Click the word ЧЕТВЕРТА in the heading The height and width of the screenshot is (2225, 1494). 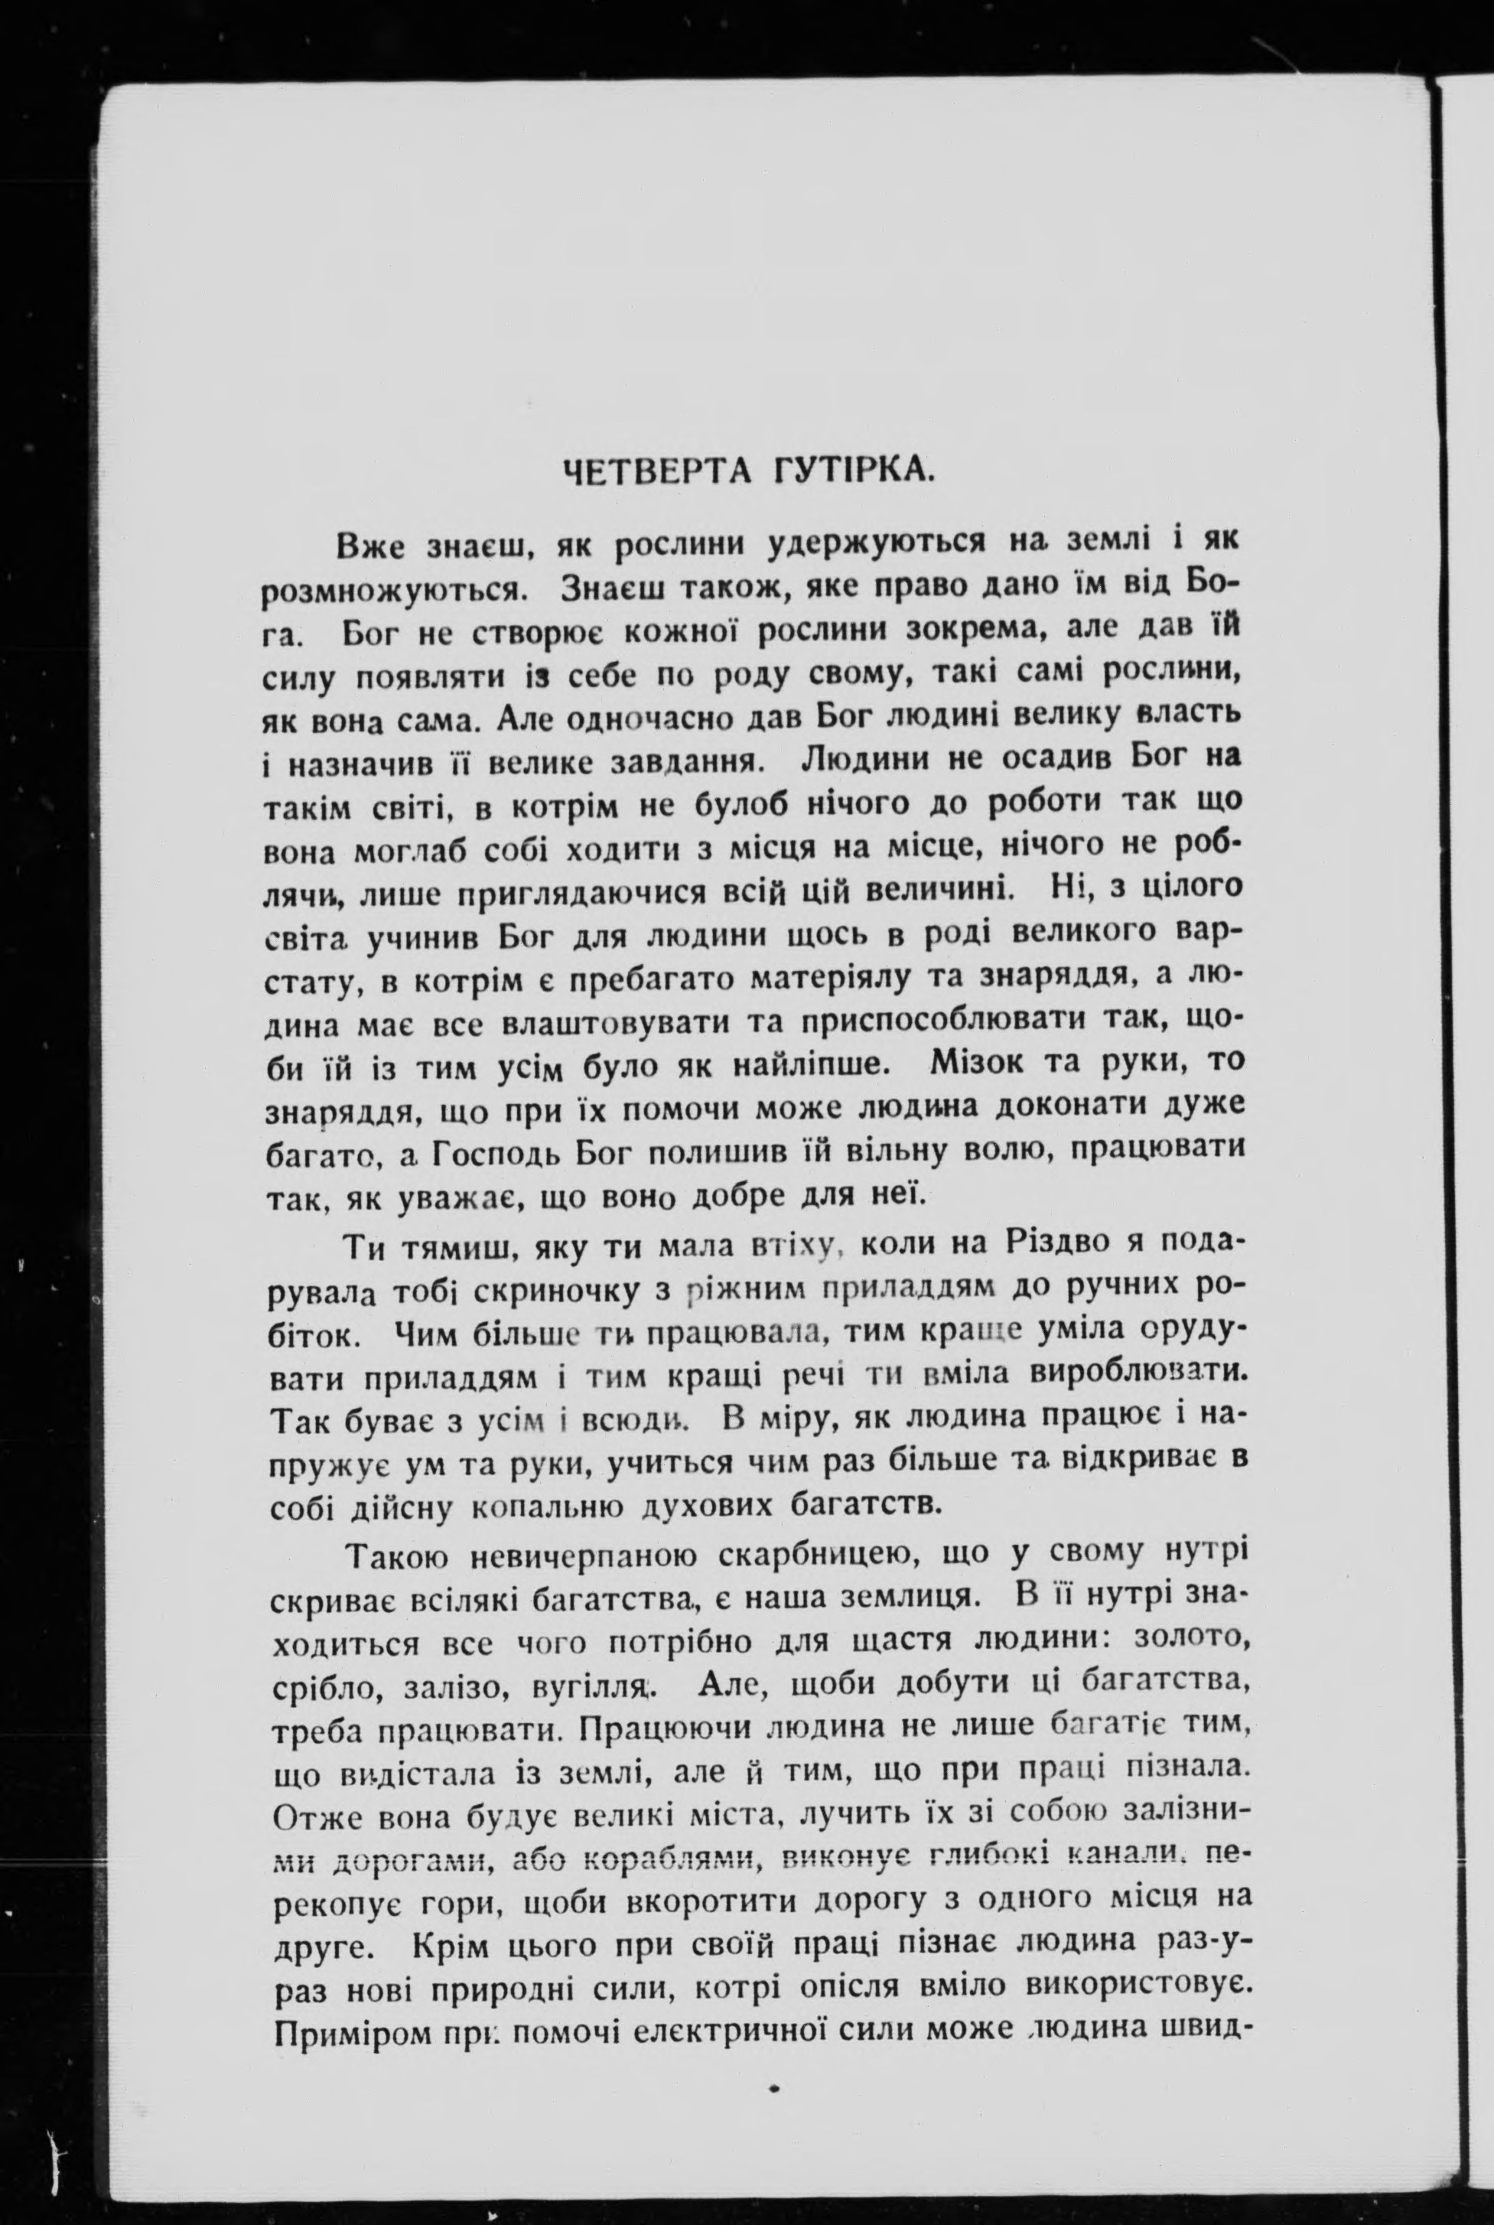tap(649, 473)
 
